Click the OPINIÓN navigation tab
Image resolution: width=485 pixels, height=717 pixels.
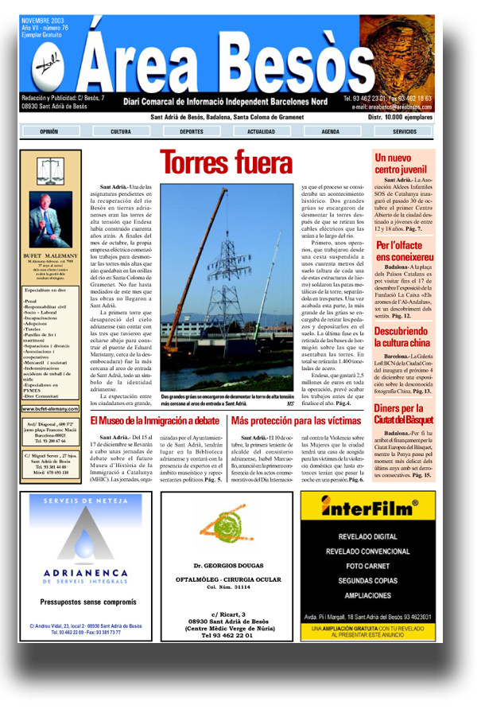(48, 131)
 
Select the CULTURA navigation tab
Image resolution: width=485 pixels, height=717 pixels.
(121, 131)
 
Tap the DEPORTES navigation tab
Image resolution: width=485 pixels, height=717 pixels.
(191, 131)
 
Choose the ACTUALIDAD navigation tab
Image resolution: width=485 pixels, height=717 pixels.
(261, 131)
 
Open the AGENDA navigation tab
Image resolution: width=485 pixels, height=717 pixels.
(331, 131)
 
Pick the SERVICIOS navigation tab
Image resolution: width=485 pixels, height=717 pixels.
(404, 131)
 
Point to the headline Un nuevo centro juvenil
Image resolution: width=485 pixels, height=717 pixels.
(399, 164)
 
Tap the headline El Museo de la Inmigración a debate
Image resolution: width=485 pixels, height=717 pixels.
(154, 420)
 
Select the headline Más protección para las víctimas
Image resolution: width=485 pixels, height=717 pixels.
(296, 420)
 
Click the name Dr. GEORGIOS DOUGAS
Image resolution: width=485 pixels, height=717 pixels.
(228, 566)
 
